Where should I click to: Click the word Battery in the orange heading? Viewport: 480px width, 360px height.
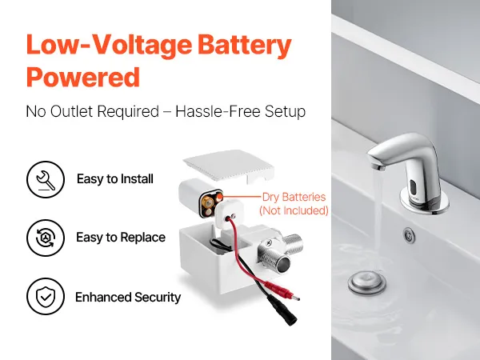[244, 46]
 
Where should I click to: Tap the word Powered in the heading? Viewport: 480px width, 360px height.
[83, 77]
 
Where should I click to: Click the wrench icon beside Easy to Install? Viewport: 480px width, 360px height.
[46, 179]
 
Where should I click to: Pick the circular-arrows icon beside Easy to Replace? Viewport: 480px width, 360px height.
[46, 238]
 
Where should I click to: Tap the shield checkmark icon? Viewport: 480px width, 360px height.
[46, 296]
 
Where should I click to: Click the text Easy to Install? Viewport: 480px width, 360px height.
[115, 179]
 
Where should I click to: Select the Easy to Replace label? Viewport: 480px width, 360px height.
[121, 238]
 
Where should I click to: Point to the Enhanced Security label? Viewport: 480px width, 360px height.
[128, 298]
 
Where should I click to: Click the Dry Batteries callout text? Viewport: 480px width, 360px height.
[294, 197]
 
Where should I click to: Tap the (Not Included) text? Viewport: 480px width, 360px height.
[294, 210]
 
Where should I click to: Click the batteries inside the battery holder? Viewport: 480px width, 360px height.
[211, 202]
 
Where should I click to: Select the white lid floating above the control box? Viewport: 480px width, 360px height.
[229, 166]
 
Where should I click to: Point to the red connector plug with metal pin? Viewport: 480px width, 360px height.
[282, 290]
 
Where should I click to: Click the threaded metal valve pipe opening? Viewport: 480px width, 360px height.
[283, 263]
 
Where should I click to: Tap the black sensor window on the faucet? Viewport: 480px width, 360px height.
[414, 187]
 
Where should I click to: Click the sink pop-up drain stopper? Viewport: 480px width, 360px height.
[366, 282]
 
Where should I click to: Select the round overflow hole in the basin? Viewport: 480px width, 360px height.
[410, 236]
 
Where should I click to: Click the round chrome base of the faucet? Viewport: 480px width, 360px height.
[424, 202]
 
